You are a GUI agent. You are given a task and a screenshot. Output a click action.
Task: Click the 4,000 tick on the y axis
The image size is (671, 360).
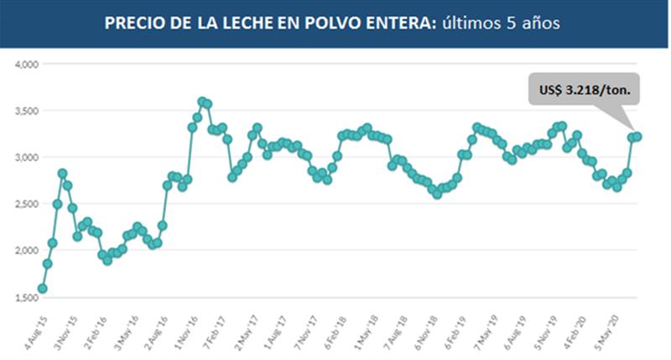[x=27, y=64]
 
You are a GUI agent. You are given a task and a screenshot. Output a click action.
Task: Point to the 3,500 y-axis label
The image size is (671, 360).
[x=27, y=111]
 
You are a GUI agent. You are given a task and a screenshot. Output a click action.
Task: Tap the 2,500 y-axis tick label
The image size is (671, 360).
[x=27, y=204]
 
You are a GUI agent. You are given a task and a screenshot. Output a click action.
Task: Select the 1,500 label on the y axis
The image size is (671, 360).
[x=27, y=297]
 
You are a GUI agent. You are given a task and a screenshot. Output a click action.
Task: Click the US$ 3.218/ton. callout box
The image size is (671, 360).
[x=584, y=88]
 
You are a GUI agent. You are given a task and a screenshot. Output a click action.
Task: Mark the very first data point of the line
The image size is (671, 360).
[x=43, y=289]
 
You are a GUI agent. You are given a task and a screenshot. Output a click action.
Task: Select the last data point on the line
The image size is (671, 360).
[x=637, y=136]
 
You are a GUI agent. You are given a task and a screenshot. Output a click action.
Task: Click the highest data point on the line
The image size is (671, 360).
[x=202, y=101]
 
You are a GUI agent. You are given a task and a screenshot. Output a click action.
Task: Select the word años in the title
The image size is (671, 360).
[x=540, y=23]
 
